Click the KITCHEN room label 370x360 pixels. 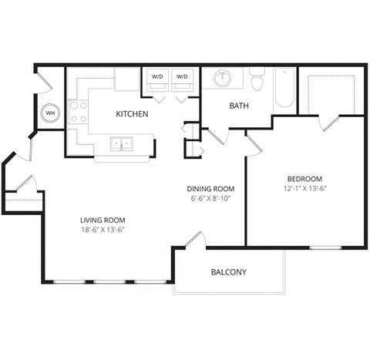click(132, 114)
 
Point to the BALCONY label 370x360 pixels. click(229, 272)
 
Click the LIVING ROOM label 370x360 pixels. click(103, 219)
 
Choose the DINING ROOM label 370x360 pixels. click(210, 189)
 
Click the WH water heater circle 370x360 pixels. click(51, 113)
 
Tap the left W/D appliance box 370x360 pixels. click(157, 79)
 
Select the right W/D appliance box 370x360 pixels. click(183, 79)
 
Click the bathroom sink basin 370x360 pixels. click(224, 78)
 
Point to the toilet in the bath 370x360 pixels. click(257, 79)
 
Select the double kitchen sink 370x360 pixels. click(122, 143)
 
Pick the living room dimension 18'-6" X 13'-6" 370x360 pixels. click(103, 229)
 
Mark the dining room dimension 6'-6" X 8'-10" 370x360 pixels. click(210, 199)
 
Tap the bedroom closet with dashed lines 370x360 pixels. click(331, 93)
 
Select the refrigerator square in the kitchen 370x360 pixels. click(126, 79)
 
